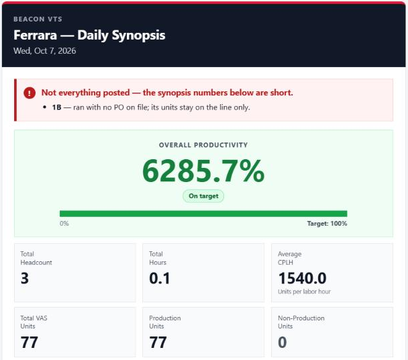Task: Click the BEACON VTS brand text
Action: coord(38,19)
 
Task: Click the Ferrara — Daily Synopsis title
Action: coord(89,35)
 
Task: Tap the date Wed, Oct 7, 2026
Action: coord(45,50)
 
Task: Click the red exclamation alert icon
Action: coord(30,93)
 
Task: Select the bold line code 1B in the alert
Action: coord(56,107)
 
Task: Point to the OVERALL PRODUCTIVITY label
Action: coord(203,145)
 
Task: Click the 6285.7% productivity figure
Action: coord(203,171)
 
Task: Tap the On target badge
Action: coord(203,196)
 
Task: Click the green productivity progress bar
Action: coord(203,214)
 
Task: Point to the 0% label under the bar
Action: coord(64,224)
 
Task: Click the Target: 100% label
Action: coord(327,224)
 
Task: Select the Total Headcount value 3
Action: coord(25,278)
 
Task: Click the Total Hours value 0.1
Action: coord(160,278)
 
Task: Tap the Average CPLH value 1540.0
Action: coord(302,278)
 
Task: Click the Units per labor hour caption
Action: coord(304,291)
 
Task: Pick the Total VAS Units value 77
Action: coord(29,342)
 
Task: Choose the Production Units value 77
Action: coord(158,342)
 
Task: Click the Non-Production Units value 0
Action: coord(283,342)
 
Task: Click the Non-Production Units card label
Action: coord(301,322)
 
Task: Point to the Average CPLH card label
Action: coord(290,258)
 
